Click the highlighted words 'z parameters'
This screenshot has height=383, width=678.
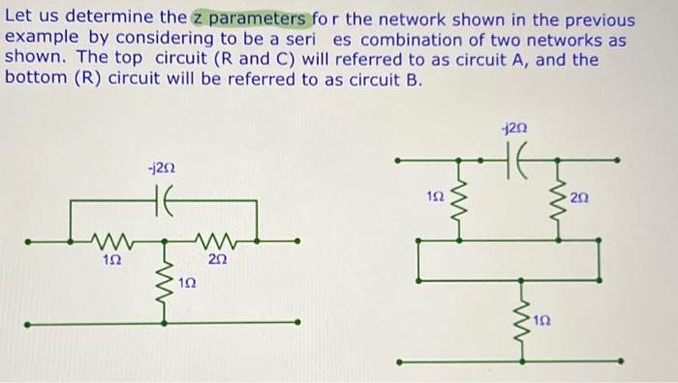pos(250,20)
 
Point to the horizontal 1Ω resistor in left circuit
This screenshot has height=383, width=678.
pos(113,240)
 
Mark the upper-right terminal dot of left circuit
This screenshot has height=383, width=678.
pos(297,241)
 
